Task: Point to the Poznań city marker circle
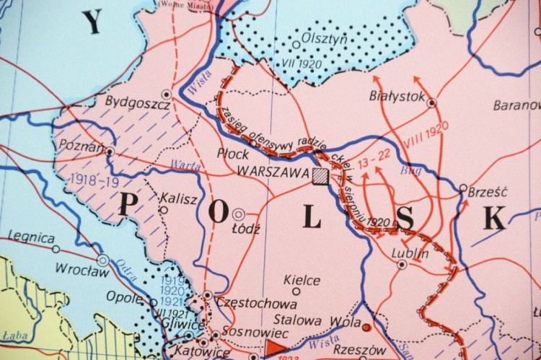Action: coord(110,152)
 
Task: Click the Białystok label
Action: coord(397,95)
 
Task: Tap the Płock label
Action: coord(233,154)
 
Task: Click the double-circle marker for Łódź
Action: coord(237,214)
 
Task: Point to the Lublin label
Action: coord(409,253)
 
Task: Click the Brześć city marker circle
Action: coord(463,188)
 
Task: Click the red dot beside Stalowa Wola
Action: coord(366,328)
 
